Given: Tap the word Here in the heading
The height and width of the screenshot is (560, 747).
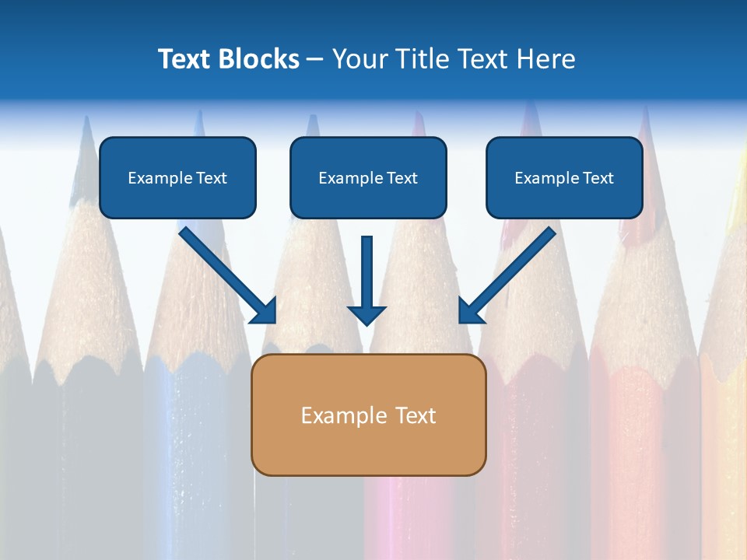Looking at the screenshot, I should [x=545, y=59].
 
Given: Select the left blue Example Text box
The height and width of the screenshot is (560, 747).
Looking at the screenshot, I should [x=177, y=177].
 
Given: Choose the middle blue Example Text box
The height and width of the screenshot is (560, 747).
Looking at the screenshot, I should [x=368, y=177].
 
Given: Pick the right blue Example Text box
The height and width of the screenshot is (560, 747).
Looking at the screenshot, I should [x=564, y=177].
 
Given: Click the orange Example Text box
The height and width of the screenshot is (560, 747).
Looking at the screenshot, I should [x=368, y=415].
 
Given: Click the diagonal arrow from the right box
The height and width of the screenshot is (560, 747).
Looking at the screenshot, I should [x=514, y=269].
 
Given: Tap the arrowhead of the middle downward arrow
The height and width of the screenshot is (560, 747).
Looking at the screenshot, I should [x=366, y=314].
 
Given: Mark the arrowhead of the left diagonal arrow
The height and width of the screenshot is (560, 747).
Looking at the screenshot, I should [x=265, y=311].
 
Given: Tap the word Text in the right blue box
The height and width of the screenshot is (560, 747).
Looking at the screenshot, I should [x=598, y=178].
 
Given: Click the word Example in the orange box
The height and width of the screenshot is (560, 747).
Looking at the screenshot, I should [x=343, y=415].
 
